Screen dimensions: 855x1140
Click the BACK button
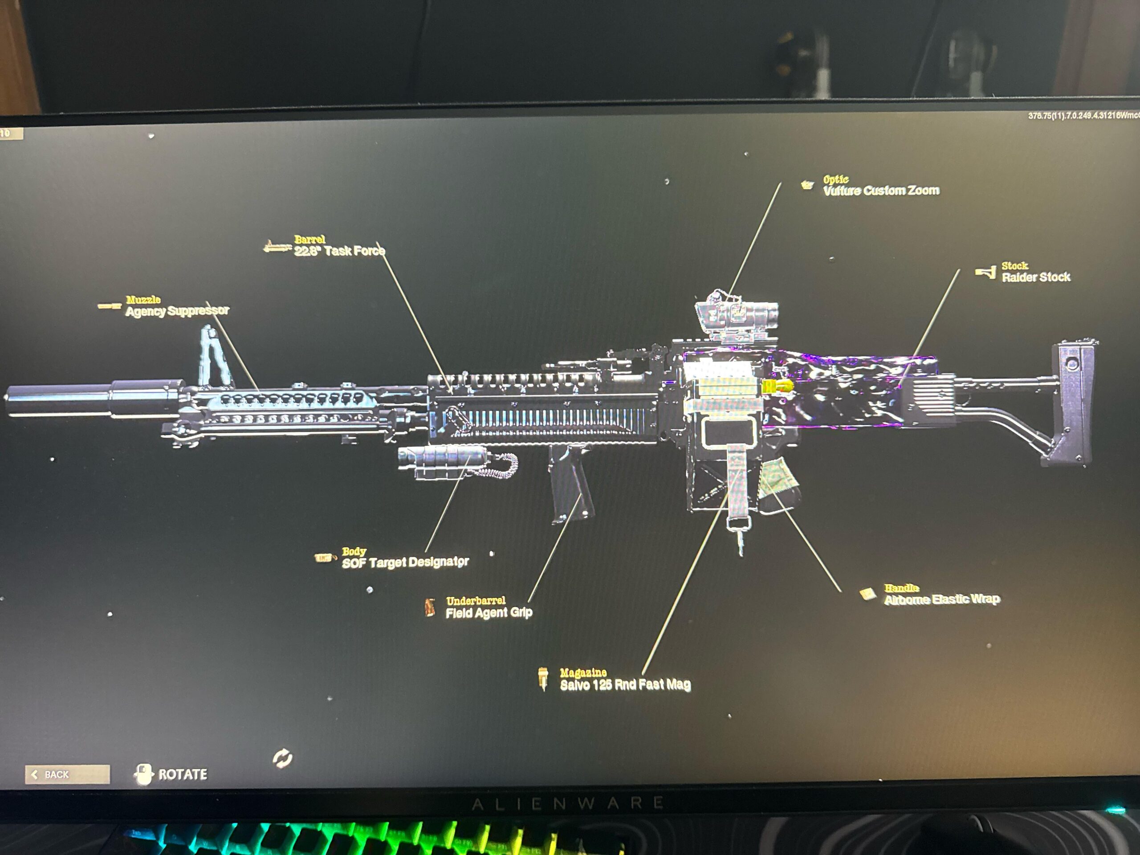(x=67, y=774)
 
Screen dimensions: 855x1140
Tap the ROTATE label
(x=183, y=774)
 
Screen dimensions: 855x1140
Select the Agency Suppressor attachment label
(x=177, y=311)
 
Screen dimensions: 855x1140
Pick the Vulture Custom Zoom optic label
(x=881, y=191)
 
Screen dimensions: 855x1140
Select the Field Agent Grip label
(x=489, y=612)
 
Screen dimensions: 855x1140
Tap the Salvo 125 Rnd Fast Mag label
(x=625, y=684)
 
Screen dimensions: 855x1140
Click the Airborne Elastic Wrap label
(x=941, y=599)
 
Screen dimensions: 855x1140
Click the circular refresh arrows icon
(x=282, y=758)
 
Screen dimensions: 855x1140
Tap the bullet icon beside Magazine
(x=543, y=678)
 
